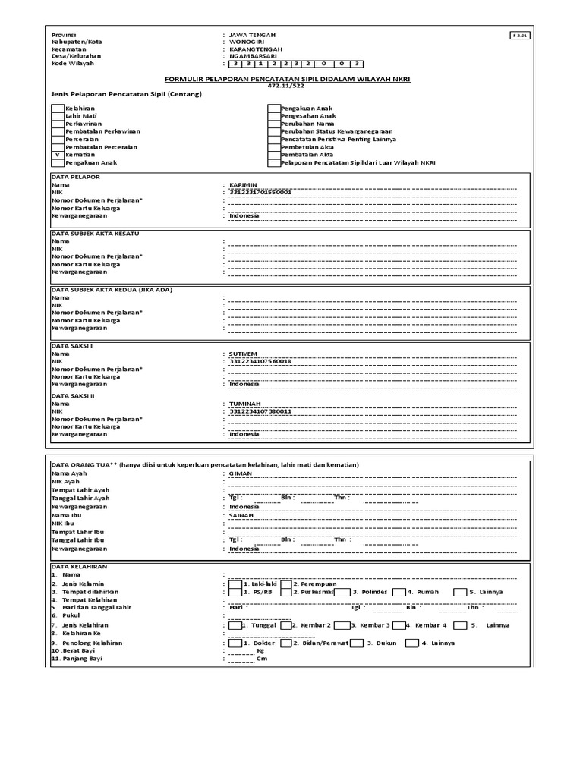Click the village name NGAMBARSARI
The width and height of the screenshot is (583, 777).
[x=253, y=56]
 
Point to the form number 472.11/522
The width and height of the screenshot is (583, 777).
[x=291, y=86]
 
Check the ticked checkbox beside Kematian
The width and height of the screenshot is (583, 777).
[x=58, y=154]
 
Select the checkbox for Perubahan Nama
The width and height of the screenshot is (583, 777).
[x=274, y=124]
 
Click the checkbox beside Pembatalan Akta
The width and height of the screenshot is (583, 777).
[x=274, y=154]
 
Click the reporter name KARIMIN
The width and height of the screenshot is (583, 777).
[x=243, y=184]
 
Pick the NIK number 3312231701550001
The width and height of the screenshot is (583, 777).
[x=260, y=192]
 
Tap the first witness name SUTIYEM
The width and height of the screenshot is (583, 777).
[x=243, y=354]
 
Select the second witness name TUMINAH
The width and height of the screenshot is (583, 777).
[x=244, y=404]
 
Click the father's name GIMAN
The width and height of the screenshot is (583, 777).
[x=241, y=473]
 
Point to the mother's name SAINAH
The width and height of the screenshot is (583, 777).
[x=242, y=514]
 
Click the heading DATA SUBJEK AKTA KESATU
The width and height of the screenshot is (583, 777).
[x=95, y=234]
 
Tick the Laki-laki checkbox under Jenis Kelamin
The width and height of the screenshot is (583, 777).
[x=235, y=584]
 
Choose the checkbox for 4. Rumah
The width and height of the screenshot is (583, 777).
[x=399, y=592]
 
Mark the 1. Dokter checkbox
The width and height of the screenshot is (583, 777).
[x=235, y=643]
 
